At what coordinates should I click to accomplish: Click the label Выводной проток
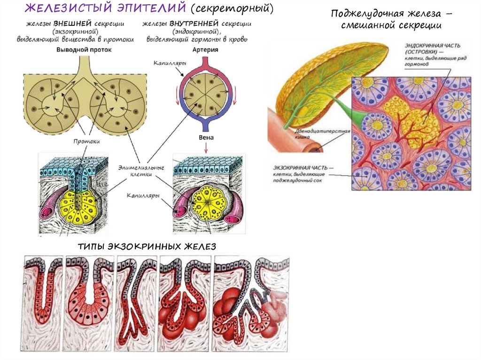tap(84, 49)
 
